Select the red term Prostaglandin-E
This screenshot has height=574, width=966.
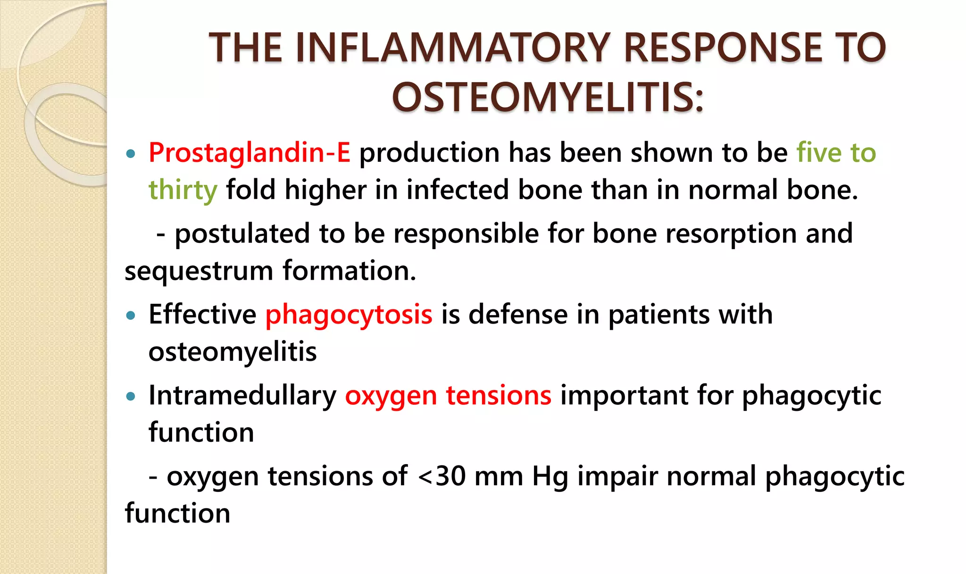[250, 153]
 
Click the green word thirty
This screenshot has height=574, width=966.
[183, 190]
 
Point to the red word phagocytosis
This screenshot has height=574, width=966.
[349, 315]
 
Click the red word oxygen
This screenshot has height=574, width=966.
[391, 396]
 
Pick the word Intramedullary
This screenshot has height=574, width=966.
[242, 396]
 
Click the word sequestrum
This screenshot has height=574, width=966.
[199, 271]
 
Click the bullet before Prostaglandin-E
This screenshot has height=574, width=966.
[131, 154]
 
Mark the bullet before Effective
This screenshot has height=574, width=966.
[131, 316]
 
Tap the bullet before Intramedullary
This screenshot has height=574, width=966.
[131, 397]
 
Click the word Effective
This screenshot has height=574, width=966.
[202, 315]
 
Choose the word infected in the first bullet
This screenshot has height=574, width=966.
[457, 190]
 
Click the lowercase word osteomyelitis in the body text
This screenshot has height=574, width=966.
[233, 352]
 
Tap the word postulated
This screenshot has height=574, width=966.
[242, 233]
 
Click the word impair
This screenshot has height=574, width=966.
[617, 476]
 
